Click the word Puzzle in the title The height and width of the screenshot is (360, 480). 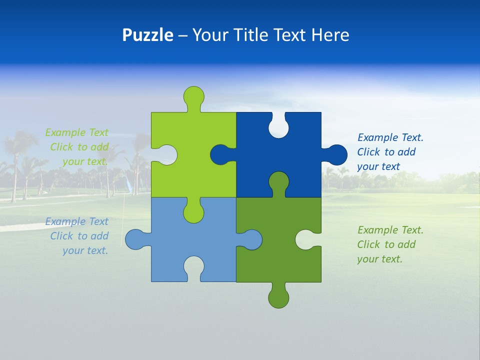pyautogui.click(x=147, y=35)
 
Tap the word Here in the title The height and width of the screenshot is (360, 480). pyautogui.click(x=330, y=35)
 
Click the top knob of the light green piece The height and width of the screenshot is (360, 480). pyautogui.click(x=194, y=96)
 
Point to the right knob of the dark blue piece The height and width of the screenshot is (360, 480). pyautogui.click(x=337, y=154)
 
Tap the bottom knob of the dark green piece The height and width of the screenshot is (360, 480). pyautogui.click(x=278, y=298)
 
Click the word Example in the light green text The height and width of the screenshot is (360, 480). pyautogui.click(x=65, y=132)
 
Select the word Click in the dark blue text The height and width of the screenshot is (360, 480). pyautogui.click(x=369, y=152)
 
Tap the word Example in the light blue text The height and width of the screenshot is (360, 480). pyautogui.click(x=65, y=221)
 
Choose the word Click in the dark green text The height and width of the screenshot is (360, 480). pyautogui.click(x=369, y=244)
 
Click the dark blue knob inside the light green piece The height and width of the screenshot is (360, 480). pyautogui.click(x=220, y=154)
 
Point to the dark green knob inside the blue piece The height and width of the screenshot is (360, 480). pyautogui.click(x=278, y=181)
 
